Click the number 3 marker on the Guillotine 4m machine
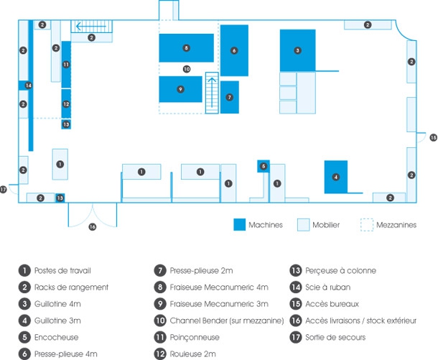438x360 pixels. pyautogui.click(x=297, y=50)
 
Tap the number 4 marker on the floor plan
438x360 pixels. pyautogui.click(x=335, y=177)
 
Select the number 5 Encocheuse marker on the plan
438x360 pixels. pyautogui.click(x=264, y=166)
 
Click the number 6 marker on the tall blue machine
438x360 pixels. pyautogui.click(x=234, y=50)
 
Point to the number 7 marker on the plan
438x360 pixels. pyautogui.click(x=229, y=96)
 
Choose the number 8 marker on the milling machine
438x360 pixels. pyautogui.click(x=186, y=48)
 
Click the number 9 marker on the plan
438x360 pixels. pyautogui.click(x=180, y=89)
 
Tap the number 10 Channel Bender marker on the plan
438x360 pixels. pyautogui.click(x=186, y=70)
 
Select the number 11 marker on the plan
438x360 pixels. pyautogui.click(x=66, y=65)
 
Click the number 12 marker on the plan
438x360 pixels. pyautogui.click(x=66, y=104)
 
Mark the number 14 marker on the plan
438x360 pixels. pyautogui.click(x=28, y=86)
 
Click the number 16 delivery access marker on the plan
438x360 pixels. pyautogui.click(x=92, y=227)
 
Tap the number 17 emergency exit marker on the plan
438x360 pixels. pyautogui.click(x=4, y=190)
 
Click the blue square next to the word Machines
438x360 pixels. pyautogui.click(x=239, y=225)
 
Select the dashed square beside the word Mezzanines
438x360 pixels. pyautogui.click(x=367, y=225)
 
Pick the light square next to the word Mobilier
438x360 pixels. pyautogui.click(x=303, y=225)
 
